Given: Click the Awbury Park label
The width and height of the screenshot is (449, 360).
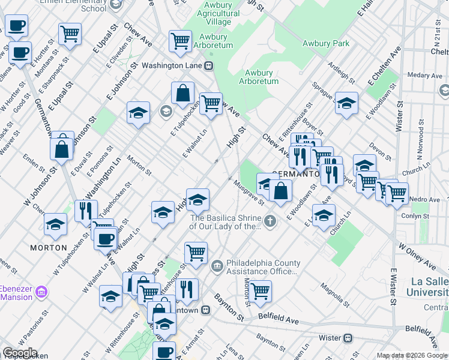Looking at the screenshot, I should [x=325, y=43].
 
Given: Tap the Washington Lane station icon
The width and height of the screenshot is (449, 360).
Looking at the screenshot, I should [x=209, y=66].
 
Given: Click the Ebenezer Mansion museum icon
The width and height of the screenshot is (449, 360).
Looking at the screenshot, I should [x=41, y=292].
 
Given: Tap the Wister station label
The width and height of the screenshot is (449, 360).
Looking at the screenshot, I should [x=330, y=338].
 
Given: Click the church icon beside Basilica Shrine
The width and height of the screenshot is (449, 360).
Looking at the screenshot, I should [x=270, y=221].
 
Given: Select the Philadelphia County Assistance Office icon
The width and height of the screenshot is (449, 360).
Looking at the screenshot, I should [x=217, y=265].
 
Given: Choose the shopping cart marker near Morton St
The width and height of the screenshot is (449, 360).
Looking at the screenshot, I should [x=260, y=291].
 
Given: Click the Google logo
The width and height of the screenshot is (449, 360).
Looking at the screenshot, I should [x=19, y=353].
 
